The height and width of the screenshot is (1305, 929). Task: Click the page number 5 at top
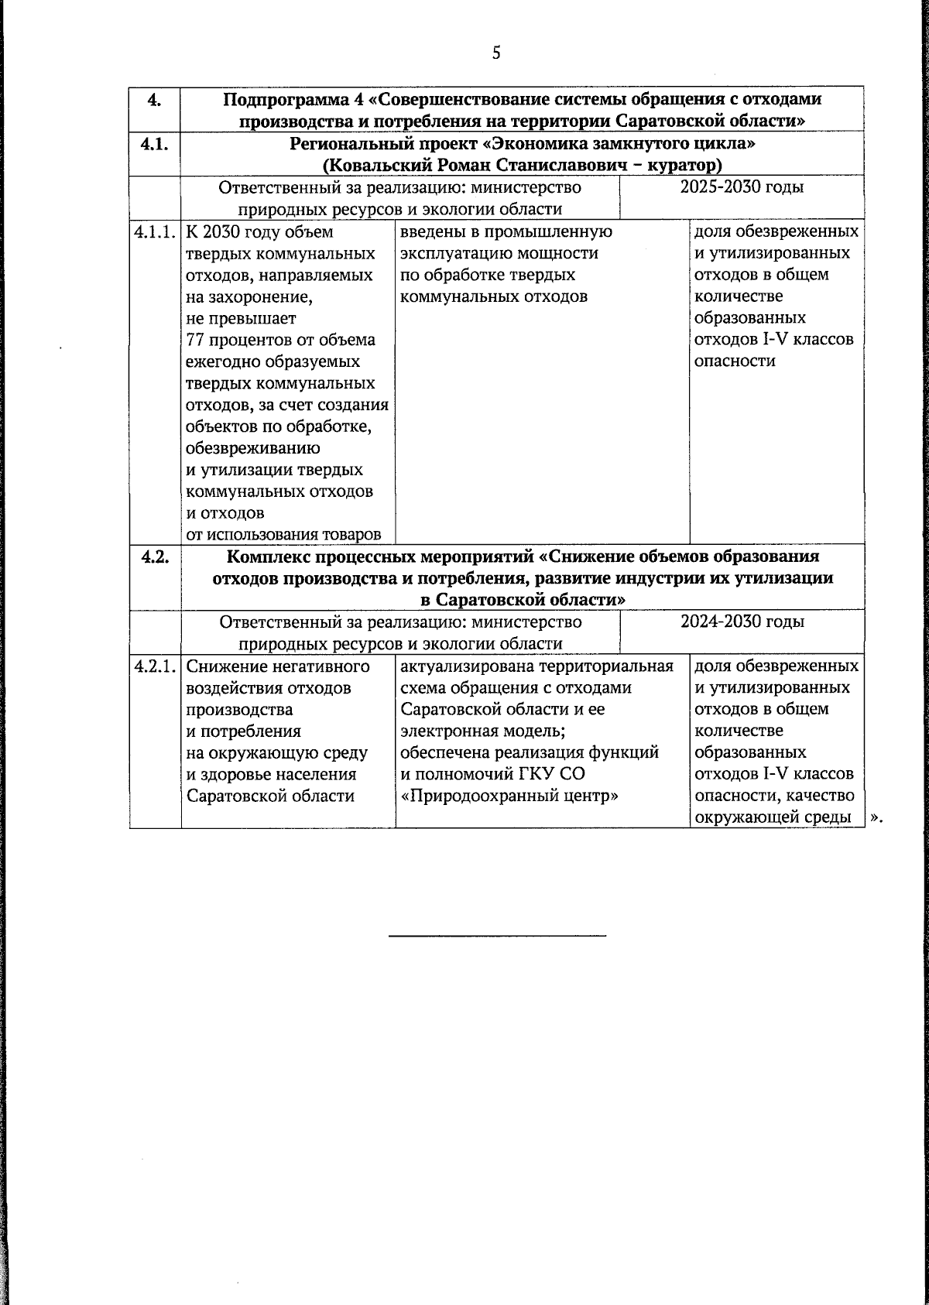496,53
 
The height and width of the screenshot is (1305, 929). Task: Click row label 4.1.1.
155,231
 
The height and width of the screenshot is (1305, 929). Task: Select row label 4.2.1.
155,666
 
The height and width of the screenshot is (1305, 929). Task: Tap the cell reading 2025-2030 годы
741,187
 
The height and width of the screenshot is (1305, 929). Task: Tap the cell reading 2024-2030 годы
741,622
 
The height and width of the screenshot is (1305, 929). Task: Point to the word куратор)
689,165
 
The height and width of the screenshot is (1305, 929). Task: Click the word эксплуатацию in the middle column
454,253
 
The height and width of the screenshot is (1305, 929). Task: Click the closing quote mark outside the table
876,817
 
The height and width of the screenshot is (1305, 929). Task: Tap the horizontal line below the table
496,937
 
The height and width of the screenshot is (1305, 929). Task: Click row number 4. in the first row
154,99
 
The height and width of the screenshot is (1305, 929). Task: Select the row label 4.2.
155,556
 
